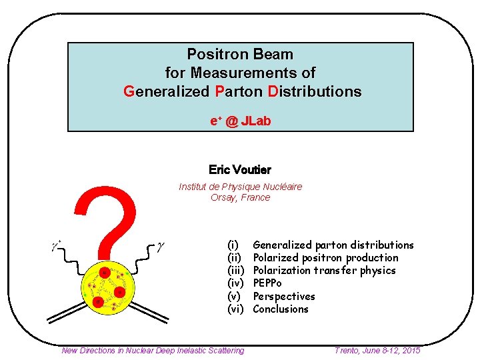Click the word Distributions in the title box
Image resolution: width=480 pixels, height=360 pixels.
tap(315, 91)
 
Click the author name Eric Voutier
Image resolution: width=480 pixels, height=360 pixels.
tap(239, 170)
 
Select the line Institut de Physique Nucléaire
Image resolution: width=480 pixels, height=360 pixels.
tap(240, 187)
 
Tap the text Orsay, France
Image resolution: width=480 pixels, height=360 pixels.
tap(240, 197)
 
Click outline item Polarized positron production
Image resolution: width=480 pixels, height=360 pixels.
tap(325, 258)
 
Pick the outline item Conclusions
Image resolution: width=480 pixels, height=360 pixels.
tap(281, 309)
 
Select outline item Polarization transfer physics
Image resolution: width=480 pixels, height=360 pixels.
tap(324, 271)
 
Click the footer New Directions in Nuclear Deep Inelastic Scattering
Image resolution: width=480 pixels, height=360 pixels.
tap(153, 350)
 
